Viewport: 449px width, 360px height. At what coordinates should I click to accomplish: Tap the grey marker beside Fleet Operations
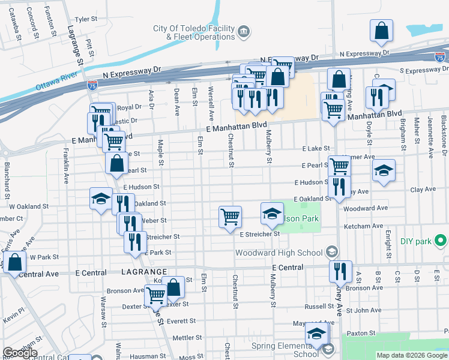point(244,31)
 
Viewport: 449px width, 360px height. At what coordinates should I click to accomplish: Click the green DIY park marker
point(441,241)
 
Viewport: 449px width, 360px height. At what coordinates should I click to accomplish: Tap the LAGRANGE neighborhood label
point(140,272)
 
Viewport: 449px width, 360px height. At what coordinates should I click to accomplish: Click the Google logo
point(20,353)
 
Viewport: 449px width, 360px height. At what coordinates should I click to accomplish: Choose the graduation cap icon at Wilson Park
point(271,213)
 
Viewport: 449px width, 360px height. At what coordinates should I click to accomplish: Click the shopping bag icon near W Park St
point(14,262)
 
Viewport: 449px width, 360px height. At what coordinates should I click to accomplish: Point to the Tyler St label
point(85,19)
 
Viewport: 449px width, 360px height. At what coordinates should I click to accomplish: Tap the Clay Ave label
point(423,190)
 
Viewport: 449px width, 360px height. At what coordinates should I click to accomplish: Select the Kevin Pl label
point(13,314)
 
